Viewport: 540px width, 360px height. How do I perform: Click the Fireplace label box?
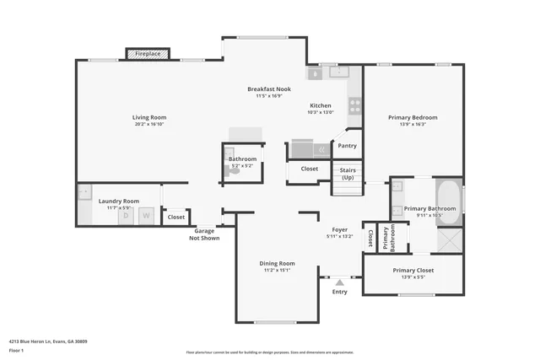pyautogui.click(x=148, y=54)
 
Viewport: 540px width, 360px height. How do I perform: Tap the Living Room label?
pyautogui.click(x=148, y=117)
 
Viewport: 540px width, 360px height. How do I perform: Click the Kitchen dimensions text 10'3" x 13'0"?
pyautogui.click(x=321, y=112)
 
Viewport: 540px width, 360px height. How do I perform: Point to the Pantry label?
pyautogui.click(x=347, y=146)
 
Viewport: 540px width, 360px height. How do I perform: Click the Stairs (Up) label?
pyautogui.click(x=347, y=174)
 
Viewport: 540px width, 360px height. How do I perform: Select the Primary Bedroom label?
pyautogui.click(x=413, y=117)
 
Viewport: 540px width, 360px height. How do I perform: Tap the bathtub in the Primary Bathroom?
pyautogui.click(x=451, y=202)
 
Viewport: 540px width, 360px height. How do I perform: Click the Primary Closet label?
pyautogui.click(x=413, y=271)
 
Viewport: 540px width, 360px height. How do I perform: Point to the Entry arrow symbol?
pyautogui.click(x=339, y=282)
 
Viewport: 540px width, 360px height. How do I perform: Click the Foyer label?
pyautogui.click(x=339, y=229)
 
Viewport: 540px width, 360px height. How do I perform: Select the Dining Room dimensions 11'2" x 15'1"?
pyautogui.click(x=277, y=271)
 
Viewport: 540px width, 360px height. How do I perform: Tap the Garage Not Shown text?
pyautogui.click(x=205, y=234)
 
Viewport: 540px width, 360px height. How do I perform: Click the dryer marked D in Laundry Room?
pyautogui.click(x=127, y=216)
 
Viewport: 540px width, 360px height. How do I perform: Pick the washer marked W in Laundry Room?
pyautogui.click(x=146, y=216)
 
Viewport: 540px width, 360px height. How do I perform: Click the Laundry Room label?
pyautogui.click(x=118, y=201)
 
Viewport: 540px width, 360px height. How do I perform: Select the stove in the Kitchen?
pyautogui.click(x=355, y=106)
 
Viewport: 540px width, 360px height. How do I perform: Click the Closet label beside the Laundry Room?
pyautogui.click(x=175, y=218)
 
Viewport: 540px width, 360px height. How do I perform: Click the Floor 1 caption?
pyautogui.click(x=16, y=350)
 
